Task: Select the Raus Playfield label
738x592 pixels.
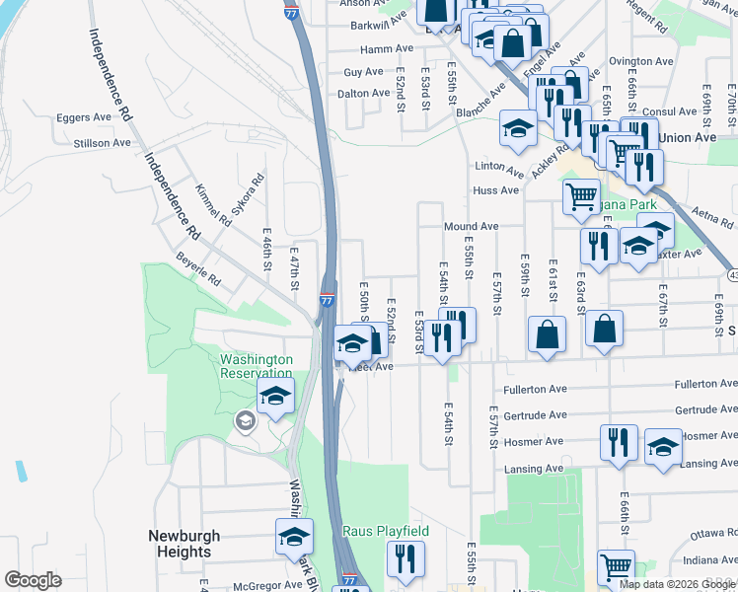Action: click(386, 531)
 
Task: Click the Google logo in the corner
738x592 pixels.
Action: click(33, 580)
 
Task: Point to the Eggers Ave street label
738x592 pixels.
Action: click(85, 117)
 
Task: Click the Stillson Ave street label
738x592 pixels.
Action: click(102, 143)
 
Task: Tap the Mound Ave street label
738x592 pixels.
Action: click(471, 226)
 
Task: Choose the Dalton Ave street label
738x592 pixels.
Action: click(366, 93)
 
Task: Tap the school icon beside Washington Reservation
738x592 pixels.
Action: click(276, 397)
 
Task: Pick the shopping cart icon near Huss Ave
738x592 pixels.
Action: click(582, 195)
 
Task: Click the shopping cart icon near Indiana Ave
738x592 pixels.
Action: click(617, 567)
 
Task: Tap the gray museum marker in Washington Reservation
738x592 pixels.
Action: click(243, 422)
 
